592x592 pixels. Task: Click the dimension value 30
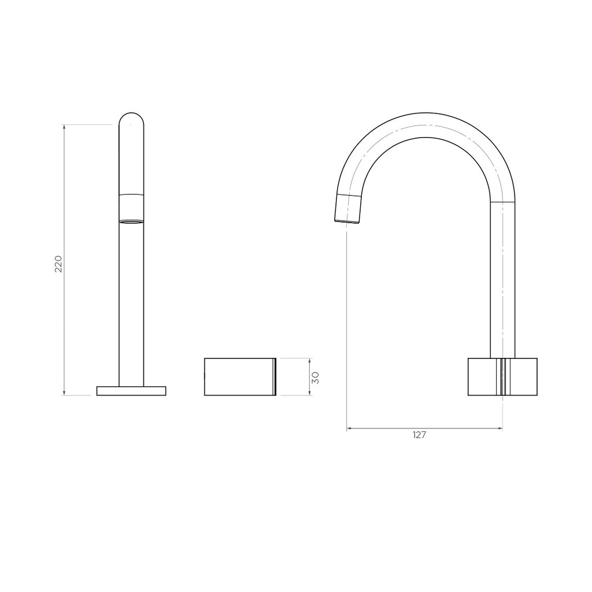(315, 378)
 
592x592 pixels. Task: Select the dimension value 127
(419, 435)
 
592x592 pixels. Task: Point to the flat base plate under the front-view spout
(131, 391)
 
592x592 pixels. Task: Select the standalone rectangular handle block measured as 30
(239, 377)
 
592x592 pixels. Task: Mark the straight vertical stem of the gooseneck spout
(502, 277)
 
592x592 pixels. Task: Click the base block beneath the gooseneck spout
(502, 377)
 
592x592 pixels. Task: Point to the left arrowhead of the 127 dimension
(349, 429)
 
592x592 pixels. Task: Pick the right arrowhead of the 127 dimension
(501, 429)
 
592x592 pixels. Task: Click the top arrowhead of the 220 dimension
(64, 127)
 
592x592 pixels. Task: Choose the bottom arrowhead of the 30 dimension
(310, 394)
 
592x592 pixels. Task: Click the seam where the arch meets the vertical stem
(502, 202)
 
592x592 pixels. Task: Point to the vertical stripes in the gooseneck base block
(503, 377)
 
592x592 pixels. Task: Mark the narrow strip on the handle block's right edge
(275, 377)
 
